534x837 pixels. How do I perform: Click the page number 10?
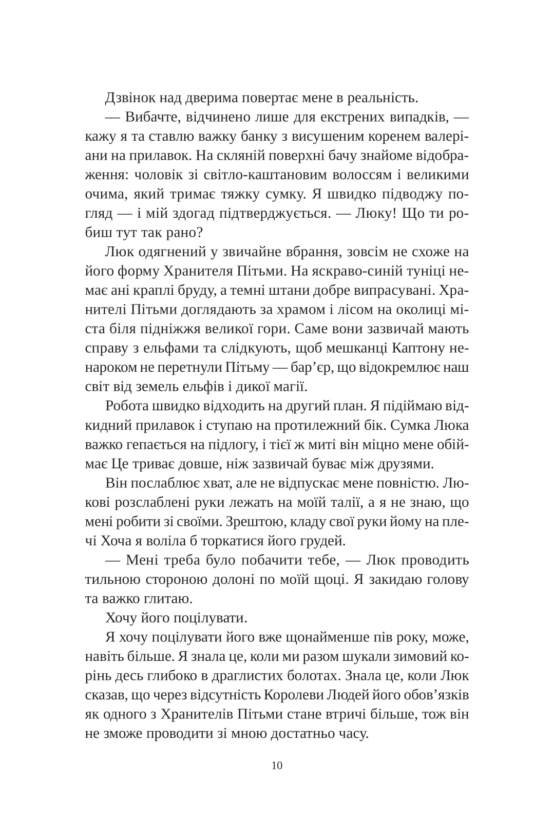(x=277, y=766)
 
